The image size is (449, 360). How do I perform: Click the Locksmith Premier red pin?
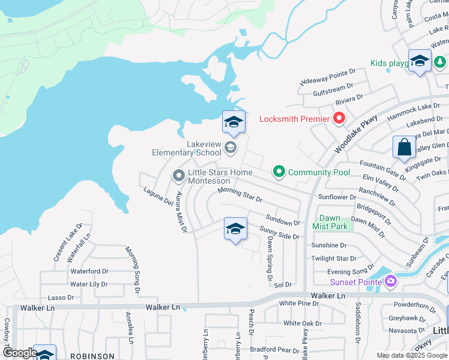click(339, 118)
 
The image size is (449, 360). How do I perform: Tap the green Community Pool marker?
click(279, 172)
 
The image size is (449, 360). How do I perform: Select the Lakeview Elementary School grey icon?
click(229, 147)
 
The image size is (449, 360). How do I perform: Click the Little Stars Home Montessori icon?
click(178, 176)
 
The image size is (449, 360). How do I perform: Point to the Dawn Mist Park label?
click(334, 222)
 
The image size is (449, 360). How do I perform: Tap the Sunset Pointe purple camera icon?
click(391, 281)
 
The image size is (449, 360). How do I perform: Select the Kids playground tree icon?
click(440, 62)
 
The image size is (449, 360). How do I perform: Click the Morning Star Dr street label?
click(240, 194)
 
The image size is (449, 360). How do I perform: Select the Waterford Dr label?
click(89, 271)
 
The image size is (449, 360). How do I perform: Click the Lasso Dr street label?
click(61, 297)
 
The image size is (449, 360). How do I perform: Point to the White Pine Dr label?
click(299, 303)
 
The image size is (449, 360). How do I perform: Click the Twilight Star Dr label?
click(334, 259)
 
